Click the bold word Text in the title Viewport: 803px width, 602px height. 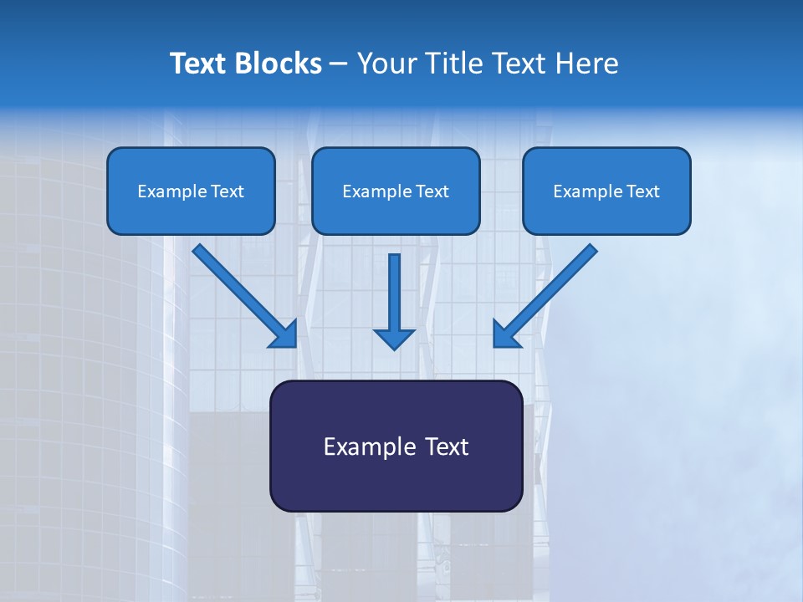tap(198, 64)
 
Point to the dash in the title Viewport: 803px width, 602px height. tap(339, 64)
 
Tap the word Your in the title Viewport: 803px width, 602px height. tap(386, 64)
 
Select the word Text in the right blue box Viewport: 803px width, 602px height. tap(642, 191)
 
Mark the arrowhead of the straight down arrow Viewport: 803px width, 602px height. tap(394, 338)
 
